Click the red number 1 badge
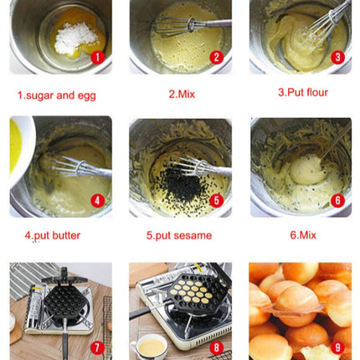pos(97,58)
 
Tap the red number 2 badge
pos(216,58)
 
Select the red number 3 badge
pos(337,58)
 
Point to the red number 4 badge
pos(97,200)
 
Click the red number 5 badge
pos(216,200)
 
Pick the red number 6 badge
pos(337,200)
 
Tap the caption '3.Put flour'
pos(303,93)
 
